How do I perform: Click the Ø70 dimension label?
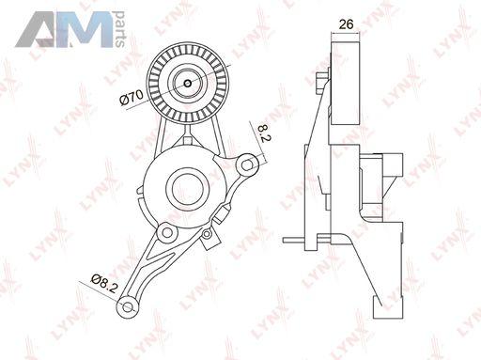click(x=132, y=97)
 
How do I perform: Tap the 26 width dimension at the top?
click(x=346, y=24)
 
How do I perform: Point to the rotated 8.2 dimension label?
click(x=263, y=133)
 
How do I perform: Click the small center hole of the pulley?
click(x=188, y=84)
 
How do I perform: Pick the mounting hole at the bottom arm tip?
click(x=127, y=307)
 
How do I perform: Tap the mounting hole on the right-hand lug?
click(x=248, y=164)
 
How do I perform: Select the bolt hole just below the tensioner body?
click(x=168, y=232)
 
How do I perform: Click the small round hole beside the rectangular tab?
click(x=207, y=233)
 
